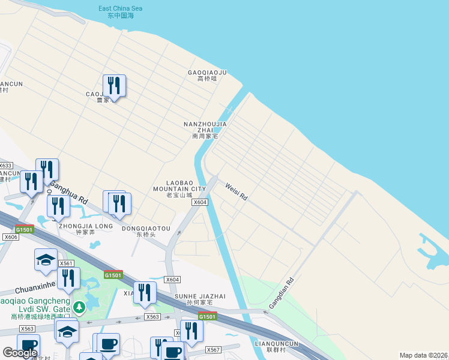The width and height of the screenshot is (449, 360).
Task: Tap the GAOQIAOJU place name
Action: [207, 76]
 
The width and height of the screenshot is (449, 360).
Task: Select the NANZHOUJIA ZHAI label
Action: [205, 130]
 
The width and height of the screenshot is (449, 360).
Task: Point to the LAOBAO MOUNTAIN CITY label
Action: [179, 188]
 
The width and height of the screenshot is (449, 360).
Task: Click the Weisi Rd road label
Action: [236, 191]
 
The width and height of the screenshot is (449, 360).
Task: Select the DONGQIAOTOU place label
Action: [146, 232]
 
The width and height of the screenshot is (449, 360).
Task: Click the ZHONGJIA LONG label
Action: [86, 229]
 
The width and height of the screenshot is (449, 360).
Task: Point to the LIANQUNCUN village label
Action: [277, 346]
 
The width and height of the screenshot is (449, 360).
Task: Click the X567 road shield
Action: [213, 350]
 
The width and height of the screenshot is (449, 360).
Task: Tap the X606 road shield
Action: [11, 238]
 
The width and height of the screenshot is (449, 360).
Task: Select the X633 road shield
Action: [5, 166]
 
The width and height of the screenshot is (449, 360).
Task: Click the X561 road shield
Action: [66, 263]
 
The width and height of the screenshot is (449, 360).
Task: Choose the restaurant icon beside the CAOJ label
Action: [114, 85]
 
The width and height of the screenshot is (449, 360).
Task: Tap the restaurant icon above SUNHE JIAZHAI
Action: [145, 292]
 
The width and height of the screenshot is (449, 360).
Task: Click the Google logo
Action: [20, 353]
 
